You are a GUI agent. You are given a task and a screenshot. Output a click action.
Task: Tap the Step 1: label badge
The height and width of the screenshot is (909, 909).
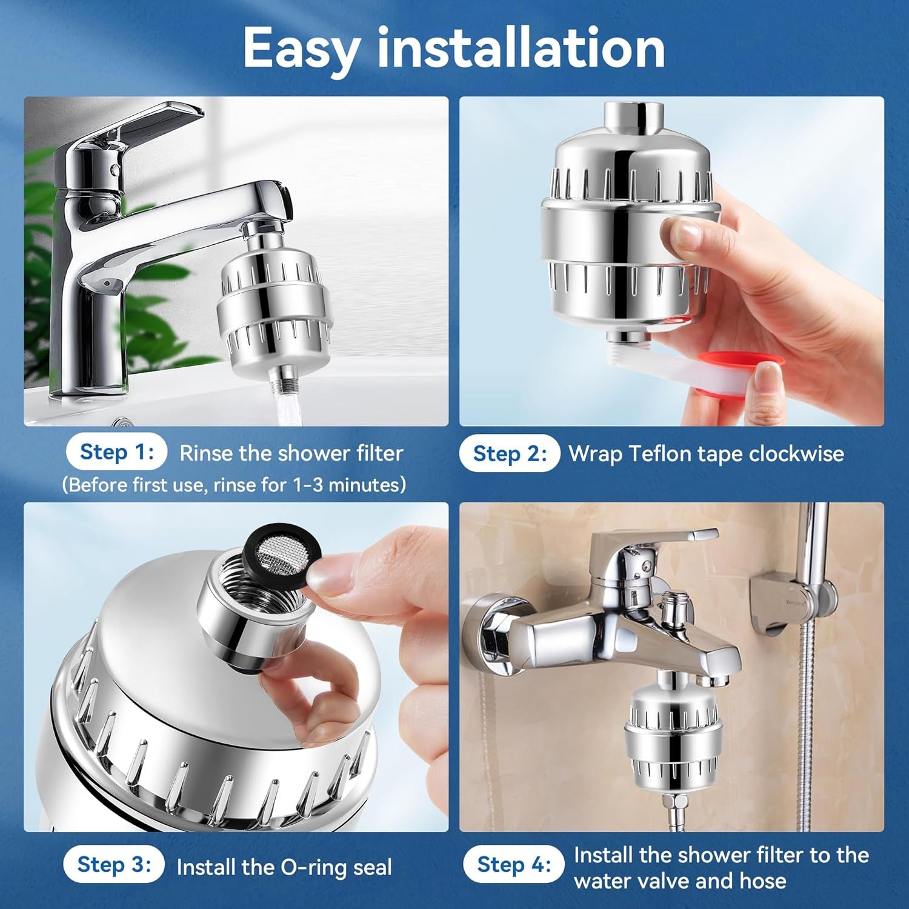116,452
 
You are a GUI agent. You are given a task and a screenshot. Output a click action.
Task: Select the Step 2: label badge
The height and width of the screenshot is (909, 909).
510,453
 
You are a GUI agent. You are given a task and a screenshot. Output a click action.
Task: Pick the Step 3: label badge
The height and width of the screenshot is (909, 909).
114,864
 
